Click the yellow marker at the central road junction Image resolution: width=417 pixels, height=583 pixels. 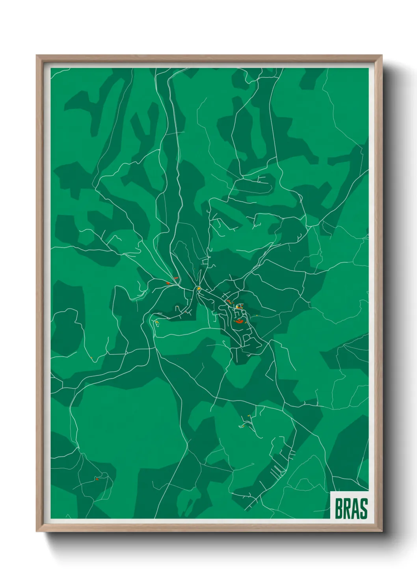tap(199, 289)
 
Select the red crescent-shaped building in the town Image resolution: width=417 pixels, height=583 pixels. tap(238, 321)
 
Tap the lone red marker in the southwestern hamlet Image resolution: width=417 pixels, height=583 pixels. tap(96, 479)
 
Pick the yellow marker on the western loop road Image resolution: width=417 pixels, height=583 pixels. tap(157, 322)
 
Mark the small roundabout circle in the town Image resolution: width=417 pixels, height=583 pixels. tap(237, 306)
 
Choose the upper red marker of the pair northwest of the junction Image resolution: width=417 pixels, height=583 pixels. tap(176, 279)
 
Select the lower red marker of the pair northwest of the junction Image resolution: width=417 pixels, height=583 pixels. tap(168, 283)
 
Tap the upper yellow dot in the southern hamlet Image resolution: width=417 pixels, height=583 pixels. tap(249, 416)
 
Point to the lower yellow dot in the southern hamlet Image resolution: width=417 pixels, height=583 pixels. tap(243, 425)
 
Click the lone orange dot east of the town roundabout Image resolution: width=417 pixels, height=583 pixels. tap(257, 316)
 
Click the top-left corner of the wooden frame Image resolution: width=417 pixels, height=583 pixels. tap(37, 56)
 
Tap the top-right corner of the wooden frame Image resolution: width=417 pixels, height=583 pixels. tap(382, 56)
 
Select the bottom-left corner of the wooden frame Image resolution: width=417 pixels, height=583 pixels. tap(37, 531)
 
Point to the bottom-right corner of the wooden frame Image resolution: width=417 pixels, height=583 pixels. tap(382, 531)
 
